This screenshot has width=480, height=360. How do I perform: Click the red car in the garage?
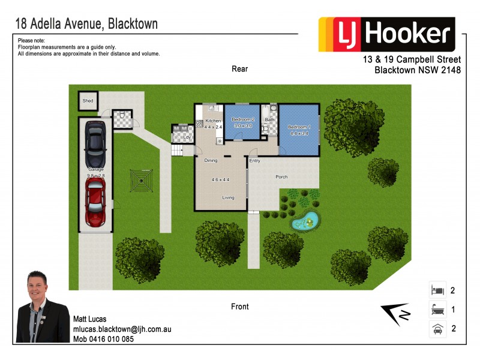[x=96, y=200]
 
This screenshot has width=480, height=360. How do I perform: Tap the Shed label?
[x=88, y=101]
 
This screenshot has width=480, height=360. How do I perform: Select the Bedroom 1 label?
[x=298, y=127]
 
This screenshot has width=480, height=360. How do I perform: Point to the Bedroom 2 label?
[x=244, y=120]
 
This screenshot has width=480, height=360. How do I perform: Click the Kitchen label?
[x=213, y=121]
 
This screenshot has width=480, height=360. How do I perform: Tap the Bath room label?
[x=270, y=120]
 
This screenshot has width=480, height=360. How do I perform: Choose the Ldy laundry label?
[x=187, y=137]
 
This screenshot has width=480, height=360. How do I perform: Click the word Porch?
[x=282, y=177]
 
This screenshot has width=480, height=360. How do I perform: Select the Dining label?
[x=211, y=161]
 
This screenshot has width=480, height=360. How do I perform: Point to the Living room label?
[x=228, y=197]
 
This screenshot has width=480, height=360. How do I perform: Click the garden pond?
[x=305, y=223]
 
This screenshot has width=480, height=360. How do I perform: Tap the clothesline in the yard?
[x=142, y=179]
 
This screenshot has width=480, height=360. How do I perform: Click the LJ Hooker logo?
[x=386, y=34]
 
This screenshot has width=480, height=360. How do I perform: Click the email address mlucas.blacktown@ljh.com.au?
[x=122, y=329]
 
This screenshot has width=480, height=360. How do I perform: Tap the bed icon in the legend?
[x=437, y=290]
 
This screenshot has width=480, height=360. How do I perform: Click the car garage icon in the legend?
[x=437, y=329]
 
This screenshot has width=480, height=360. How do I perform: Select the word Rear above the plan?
[x=240, y=69]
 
